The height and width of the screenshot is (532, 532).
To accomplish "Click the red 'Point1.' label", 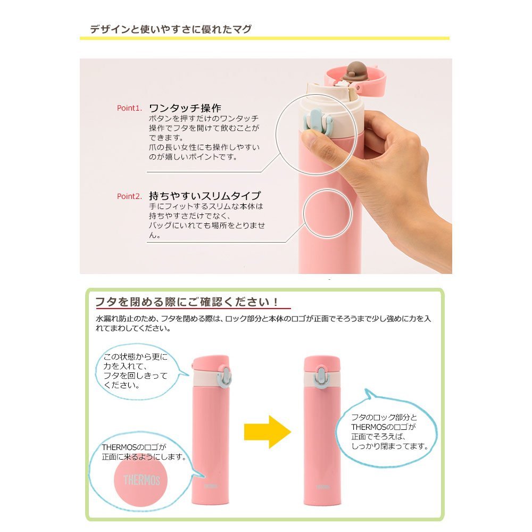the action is click(129, 108).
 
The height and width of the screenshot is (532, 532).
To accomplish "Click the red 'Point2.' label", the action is click(129, 196).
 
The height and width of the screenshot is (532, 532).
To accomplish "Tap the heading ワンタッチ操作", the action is click(185, 108).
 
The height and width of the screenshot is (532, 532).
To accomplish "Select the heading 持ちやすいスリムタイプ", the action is click(205, 196).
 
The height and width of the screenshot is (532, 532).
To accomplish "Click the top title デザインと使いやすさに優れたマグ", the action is click(171, 29).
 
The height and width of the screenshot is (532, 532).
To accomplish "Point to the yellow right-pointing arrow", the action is click(268, 432).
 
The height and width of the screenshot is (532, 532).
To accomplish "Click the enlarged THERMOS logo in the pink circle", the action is click(142, 480).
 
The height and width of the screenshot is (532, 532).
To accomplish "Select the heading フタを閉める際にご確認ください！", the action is click(187, 301).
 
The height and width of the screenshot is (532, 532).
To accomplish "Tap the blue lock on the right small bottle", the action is click(322, 376).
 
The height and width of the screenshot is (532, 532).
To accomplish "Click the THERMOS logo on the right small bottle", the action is click(323, 487).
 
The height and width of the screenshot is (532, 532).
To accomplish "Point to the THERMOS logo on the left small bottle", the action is click(211, 486).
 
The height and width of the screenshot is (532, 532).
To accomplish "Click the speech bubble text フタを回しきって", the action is click(135, 376).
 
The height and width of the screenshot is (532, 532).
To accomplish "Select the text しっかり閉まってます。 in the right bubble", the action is click(390, 446).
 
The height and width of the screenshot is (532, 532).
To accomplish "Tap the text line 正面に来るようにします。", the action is click(145, 456).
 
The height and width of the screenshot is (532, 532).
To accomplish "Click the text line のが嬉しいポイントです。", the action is click(193, 157).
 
